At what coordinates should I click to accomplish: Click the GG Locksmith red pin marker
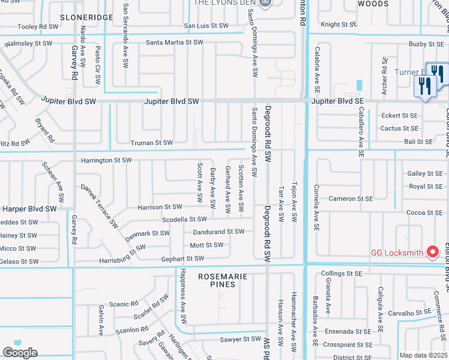432,252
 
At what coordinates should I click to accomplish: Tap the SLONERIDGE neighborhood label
87,17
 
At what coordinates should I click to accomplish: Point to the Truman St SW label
152,143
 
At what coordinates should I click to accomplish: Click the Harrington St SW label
106,160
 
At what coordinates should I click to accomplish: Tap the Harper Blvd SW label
29,209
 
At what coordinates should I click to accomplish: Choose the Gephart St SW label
182,259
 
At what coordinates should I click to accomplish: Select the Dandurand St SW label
218,232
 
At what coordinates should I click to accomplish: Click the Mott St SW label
206,245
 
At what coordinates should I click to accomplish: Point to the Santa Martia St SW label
175,43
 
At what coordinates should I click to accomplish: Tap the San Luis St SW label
206,26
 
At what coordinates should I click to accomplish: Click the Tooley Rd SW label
38,26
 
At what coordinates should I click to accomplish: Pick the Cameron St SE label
351,199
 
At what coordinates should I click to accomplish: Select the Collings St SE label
342,273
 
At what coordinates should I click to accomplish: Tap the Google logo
20,353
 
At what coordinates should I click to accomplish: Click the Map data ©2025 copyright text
423,355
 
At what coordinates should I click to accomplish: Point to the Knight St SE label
339,25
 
